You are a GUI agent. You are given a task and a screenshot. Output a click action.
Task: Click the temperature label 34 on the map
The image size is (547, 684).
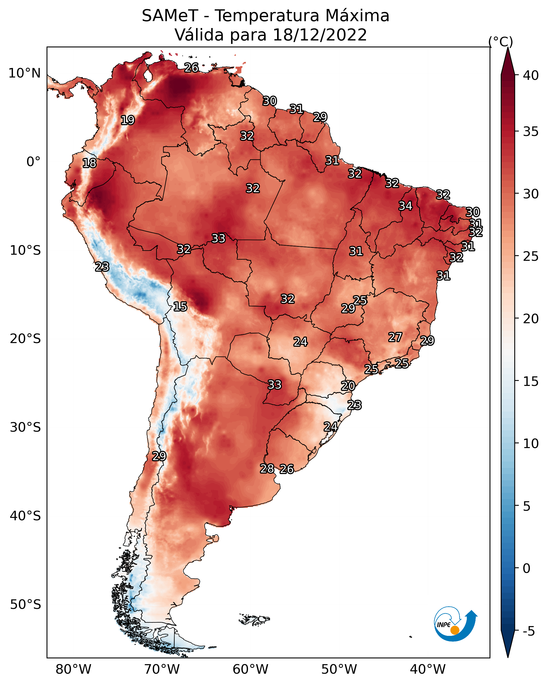tap(405, 206)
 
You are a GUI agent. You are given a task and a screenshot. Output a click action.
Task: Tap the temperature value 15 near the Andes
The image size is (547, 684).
tap(180, 307)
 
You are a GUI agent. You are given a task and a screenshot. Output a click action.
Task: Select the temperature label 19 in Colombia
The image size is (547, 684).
tap(128, 120)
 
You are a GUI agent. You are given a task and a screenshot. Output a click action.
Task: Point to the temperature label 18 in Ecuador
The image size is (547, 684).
tap(89, 163)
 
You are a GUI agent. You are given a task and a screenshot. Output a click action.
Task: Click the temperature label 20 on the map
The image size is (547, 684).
tap(348, 386)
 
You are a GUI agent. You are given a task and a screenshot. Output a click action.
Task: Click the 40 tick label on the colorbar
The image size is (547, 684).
tap(531, 75)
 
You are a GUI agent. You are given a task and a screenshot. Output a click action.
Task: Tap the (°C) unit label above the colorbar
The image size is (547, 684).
tap(501, 42)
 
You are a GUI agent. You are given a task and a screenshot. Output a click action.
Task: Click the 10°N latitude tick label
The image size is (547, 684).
tap(24, 73)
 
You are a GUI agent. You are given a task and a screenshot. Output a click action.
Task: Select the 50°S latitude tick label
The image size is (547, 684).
tap(25, 605)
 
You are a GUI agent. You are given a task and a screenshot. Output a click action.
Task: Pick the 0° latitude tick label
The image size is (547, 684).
tap(33, 162)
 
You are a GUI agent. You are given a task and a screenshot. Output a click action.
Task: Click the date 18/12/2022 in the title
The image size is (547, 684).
tap(320, 35)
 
